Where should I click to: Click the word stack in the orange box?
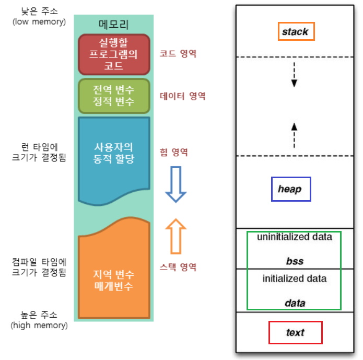coord(295,32)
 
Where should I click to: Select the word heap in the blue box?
coord(290,189)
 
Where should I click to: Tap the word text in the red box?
coord(295,332)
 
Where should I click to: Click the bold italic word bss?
coord(295,261)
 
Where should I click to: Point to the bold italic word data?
coord(295,303)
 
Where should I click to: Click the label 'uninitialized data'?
coord(295,237)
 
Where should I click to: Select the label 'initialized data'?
coord(295,278)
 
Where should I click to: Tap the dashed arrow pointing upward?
coord(294,135)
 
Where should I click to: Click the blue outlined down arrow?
coord(175,184)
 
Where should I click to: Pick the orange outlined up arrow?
coord(175,236)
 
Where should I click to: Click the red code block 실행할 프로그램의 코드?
coord(114,54)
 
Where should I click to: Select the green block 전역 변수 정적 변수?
coord(114,95)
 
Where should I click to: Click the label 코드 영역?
coord(178,54)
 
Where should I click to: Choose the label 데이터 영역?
coord(182,96)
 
